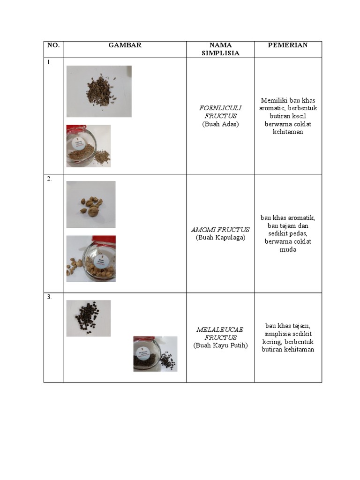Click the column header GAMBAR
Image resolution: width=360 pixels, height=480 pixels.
pos(125,45)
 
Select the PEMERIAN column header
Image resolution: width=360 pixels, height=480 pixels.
pos(288,45)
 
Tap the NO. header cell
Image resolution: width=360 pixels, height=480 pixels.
pos(53,45)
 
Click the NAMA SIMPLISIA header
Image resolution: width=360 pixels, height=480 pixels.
pos(220,49)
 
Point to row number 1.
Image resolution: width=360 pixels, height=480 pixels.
pos(49,62)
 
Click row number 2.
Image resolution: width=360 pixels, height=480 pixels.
pos(49,179)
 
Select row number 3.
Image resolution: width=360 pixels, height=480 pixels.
pos(49,297)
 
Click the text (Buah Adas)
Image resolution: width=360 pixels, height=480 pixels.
pos(220,124)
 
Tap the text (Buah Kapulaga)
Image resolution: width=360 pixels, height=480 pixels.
pos(220,238)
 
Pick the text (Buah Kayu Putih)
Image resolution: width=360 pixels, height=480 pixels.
pos(220,345)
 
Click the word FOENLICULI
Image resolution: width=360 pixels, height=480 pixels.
pos(220,108)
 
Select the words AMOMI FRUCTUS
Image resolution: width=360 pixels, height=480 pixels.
pos(220,230)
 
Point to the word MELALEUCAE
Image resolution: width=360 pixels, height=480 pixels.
pos(220,330)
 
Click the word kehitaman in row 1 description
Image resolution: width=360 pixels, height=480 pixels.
pos(288,132)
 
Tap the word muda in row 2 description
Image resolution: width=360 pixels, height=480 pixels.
pos(288,250)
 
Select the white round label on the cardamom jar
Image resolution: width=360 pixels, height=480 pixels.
pos(101,261)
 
